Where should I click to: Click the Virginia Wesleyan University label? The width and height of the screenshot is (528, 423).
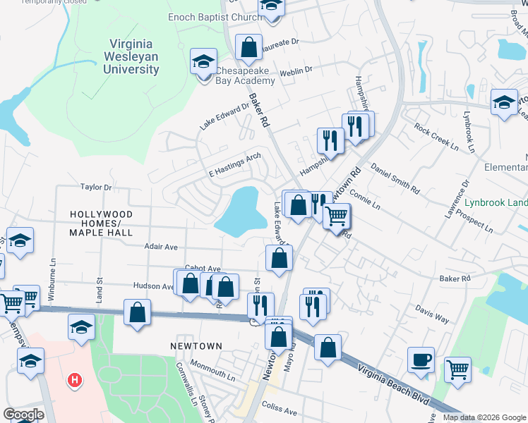pos(133,56)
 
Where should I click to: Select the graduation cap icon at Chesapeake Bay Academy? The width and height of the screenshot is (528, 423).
pos(203,61)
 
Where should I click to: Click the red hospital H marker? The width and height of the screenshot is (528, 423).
pos(74,381)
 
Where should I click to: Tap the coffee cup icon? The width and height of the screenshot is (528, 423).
pos(421,360)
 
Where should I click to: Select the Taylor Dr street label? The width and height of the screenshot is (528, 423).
pos(96,188)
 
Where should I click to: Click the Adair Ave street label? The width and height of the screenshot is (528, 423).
pos(161,247)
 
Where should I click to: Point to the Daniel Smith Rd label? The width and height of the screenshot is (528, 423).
pos(395,180)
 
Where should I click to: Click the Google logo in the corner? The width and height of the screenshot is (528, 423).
pos(24,415)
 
